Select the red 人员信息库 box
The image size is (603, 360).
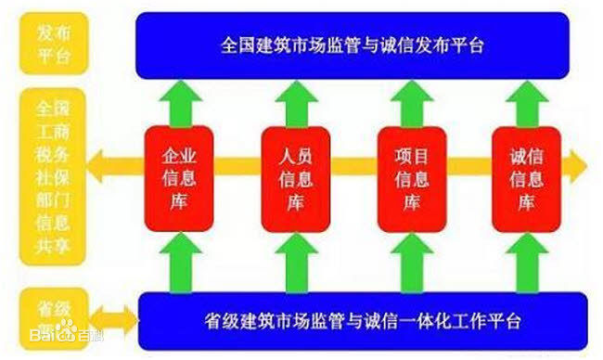[295, 177]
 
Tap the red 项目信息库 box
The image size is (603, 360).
[410, 177]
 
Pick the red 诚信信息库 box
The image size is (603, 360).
[526, 177]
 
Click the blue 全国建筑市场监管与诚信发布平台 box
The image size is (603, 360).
[352, 45]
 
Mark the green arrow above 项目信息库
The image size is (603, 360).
[410, 103]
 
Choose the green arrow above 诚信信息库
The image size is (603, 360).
[527, 103]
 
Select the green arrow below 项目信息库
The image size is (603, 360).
[410, 262]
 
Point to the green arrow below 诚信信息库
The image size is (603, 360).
[527, 262]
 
